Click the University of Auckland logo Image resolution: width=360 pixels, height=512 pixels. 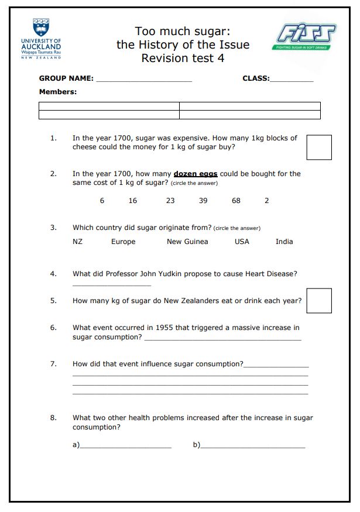[41, 38]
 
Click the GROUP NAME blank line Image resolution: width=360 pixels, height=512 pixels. [143, 80]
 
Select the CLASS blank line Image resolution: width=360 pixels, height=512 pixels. [292, 80]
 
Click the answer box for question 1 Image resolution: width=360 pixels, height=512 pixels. [318, 147]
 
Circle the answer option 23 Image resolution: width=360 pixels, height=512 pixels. [170, 201]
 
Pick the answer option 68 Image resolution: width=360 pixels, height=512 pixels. [236, 201]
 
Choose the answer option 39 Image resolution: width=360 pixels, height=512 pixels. [203, 201]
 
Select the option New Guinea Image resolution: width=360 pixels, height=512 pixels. [187, 242]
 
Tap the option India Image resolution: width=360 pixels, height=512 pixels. [284, 242]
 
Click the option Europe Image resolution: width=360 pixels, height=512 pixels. [123, 242]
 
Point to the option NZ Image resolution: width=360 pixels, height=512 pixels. [78, 242]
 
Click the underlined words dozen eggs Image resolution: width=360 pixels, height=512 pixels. [196, 174]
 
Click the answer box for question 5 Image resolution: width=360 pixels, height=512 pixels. [318, 301]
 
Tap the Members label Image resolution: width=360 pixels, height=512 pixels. [58, 92]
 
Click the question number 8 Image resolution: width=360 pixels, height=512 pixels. [53, 418]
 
